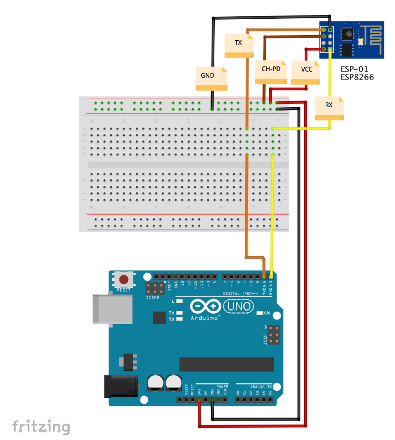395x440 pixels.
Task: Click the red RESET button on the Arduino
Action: pyautogui.click(x=124, y=280)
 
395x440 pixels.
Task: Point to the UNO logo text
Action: pyautogui.click(x=238, y=306)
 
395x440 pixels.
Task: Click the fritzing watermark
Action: pyautogui.click(x=41, y=426)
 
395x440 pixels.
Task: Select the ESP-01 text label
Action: pyautogui.click(x=354, y=69)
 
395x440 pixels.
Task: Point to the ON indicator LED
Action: pyautogui.click(x=259, y=313)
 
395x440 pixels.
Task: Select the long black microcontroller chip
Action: pyautogui.click(x=226, y=364)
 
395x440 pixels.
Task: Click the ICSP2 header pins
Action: pyautogui.click(x=155, y=289)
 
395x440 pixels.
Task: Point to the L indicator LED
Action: pyautogui.click(x=180, y=301)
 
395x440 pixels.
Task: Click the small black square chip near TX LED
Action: pyautogui.click(x=160, y=318)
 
